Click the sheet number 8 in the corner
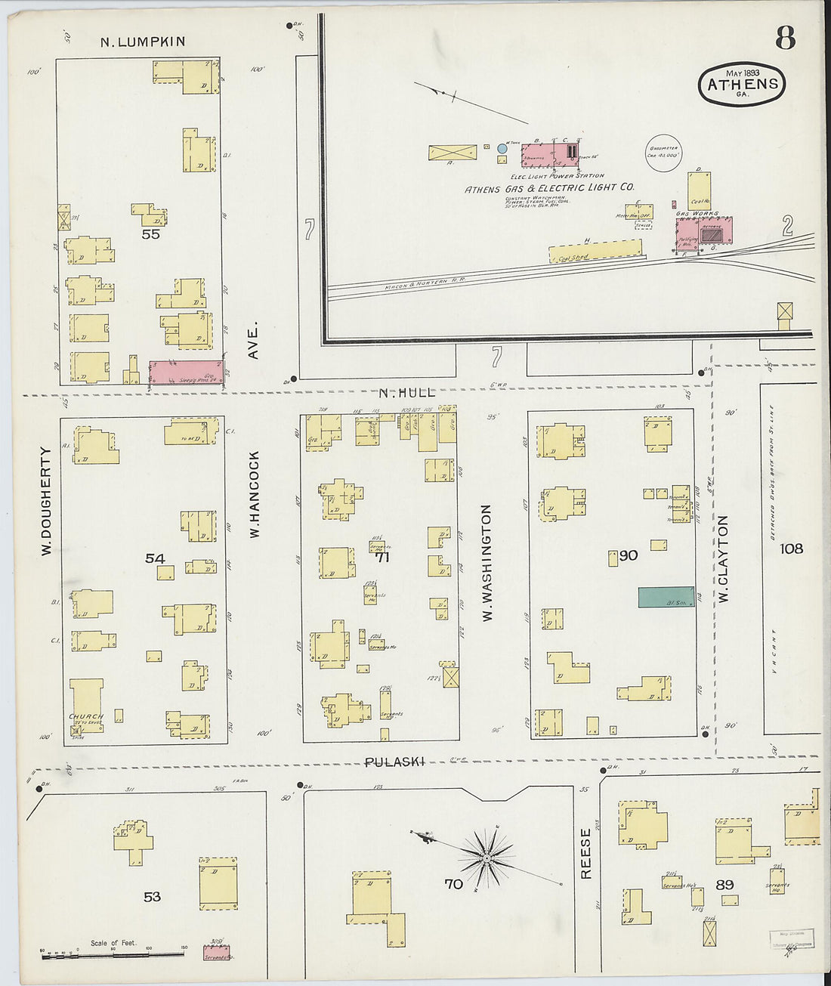(785, 37)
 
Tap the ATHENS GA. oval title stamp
(742, 84)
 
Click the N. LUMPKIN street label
(143, 42)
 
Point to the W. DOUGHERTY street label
(45, 502)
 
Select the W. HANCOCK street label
(255, 494)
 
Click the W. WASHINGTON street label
(487, 563)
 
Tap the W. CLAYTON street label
(723, 558)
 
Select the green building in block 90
(666, 597)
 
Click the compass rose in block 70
(487, 858)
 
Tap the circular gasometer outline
(663, 154)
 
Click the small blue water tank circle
(502, 150)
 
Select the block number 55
(151, 234)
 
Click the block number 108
(792, 549)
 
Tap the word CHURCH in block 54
(85, 716)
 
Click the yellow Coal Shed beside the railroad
(595, 252)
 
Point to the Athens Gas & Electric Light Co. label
(549, 188)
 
